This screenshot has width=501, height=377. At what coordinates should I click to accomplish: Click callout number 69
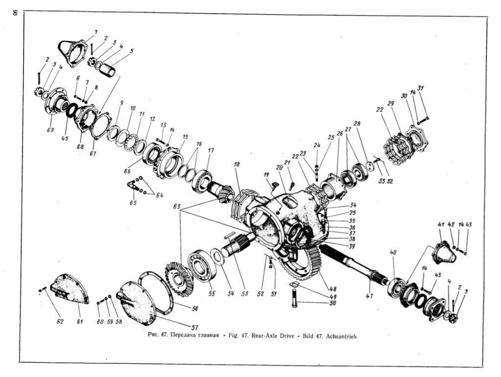pyautogui.click(x=50, y=130)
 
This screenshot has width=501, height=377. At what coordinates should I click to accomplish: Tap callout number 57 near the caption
pyautogui.click(x=195, y=327)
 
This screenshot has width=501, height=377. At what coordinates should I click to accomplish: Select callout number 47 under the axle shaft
pyautogui.click(x=369, y=296)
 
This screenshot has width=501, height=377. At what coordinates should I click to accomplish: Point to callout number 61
pyautogui.click(x=80, y=321)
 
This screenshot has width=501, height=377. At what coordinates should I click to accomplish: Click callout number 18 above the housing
pyautogui.click(x=236, y=164)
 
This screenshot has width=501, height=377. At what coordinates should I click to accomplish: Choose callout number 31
pyautogui.click(x=420, y=88)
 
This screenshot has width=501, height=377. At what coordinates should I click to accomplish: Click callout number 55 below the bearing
pyautogui.click(x=211, y=293)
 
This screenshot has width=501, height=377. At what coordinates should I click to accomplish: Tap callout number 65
pyautogui.click(x=133, y=202)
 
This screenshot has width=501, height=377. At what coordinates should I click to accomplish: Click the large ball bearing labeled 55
pyautogui.click(x=202, y=266)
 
